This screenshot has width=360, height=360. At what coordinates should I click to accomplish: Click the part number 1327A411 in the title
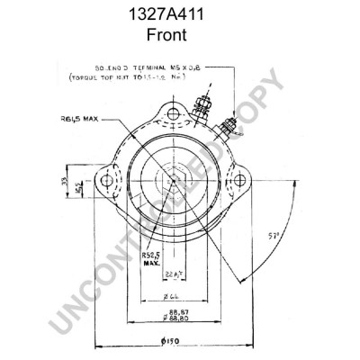(x=179, y=15)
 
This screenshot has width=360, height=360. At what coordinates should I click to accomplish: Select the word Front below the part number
(x=179, y=35)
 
